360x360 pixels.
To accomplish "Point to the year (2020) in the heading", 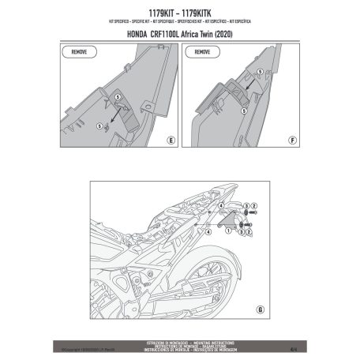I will (230, 35).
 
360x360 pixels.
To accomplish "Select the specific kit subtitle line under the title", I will (180, 23).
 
